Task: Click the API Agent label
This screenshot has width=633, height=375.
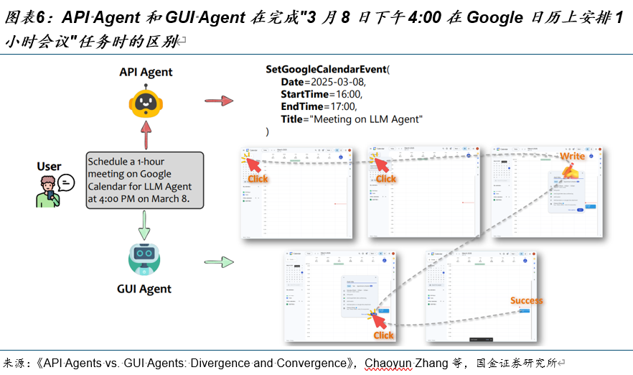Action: point(146,72)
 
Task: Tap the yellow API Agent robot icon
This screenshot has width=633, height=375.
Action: point(146,101)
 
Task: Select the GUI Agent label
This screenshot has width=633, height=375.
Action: point(144,289)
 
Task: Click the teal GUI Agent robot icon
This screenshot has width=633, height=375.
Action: point(144,259)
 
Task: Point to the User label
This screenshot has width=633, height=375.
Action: point(49,167)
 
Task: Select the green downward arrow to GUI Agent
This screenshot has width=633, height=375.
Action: point(144,225)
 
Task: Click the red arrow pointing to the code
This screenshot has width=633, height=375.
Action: point(219,101)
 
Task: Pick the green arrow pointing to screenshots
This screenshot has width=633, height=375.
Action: point(219,264)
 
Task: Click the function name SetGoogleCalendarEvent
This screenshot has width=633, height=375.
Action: point(327,70)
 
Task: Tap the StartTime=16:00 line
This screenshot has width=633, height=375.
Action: point(322,94)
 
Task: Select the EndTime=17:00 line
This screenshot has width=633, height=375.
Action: point(319,106)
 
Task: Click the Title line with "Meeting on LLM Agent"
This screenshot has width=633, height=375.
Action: point(352,119)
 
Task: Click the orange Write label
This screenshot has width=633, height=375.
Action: point(572,157)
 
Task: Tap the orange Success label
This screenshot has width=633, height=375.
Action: point(527,300)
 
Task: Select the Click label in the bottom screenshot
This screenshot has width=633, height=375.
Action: point(383,335)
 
